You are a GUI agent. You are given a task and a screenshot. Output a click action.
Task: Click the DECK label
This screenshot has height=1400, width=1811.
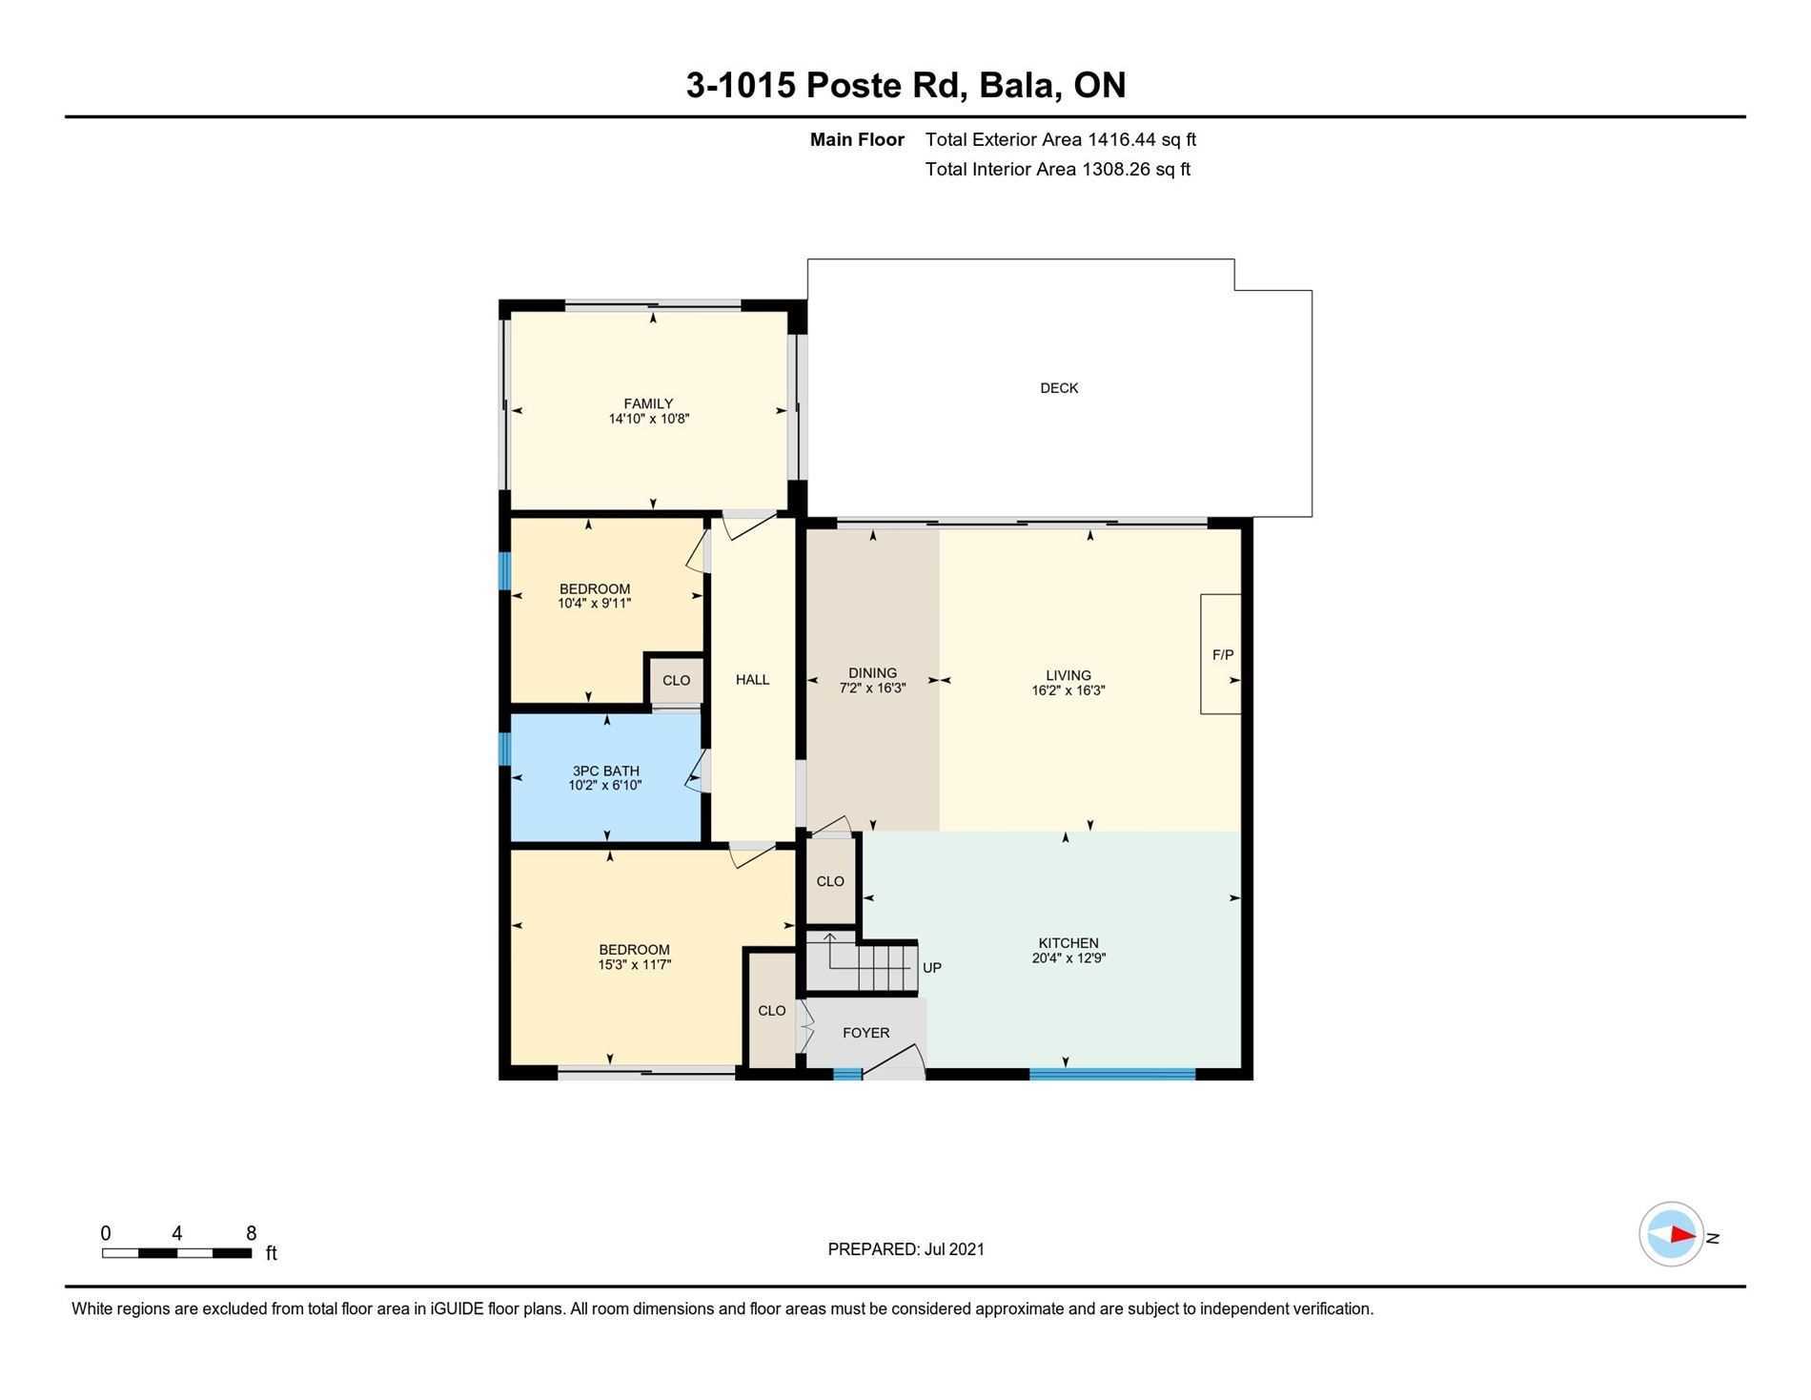click(1059, 388)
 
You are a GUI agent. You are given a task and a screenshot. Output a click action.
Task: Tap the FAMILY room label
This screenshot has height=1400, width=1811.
click(648, 403)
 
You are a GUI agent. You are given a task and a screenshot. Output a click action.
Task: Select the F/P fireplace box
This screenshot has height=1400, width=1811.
click(1221, 654)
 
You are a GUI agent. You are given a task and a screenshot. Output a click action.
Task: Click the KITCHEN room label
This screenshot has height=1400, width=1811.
click(1068, 943)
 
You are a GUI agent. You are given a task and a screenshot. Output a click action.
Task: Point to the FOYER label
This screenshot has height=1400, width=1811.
click(866, 1033)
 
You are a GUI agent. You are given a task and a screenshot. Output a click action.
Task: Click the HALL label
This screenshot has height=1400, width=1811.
click(752, 680)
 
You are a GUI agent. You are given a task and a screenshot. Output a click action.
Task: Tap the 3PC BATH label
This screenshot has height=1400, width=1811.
click(605, 771)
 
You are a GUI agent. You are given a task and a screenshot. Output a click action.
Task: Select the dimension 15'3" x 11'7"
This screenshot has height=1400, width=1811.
click(634, 964)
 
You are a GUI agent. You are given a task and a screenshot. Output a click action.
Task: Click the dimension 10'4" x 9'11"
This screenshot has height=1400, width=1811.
click(595, 603)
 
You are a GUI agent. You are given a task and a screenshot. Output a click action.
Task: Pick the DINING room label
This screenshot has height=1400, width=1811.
click(872, 672)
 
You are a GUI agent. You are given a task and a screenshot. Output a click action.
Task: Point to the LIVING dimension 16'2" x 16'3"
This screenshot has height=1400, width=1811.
click(1068, 690)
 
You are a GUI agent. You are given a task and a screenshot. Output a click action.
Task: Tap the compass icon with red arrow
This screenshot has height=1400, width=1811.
click(1671, 1234)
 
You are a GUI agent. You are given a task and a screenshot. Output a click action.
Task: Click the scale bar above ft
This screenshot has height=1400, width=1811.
click(177, 1253)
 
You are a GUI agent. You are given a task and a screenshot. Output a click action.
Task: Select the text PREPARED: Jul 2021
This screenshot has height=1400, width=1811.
click(905, 1249)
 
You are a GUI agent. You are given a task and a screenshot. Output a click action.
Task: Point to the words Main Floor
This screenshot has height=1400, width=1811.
click(857, 139)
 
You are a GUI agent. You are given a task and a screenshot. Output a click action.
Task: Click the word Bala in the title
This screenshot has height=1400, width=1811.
click(1021, 85)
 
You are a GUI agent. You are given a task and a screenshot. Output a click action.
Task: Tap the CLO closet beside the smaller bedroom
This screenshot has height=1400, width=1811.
click(676, 681)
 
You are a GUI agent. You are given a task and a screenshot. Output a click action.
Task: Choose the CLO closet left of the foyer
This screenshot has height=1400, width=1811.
click(772, 1011)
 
